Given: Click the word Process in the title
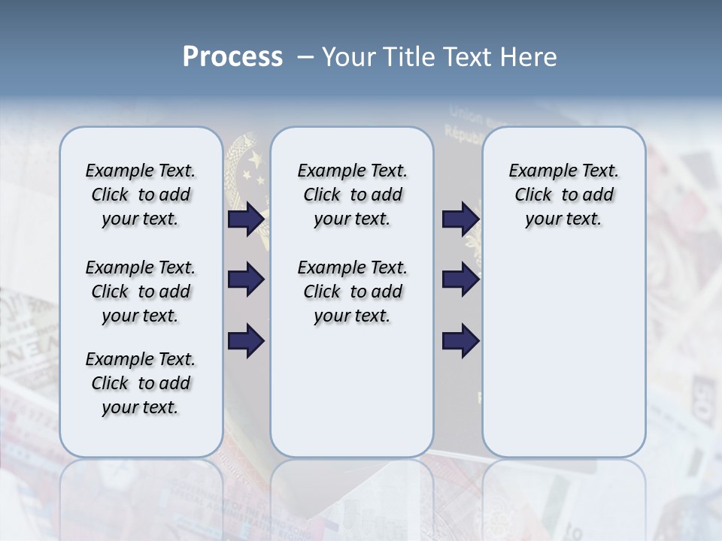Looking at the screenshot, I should coord(232,57).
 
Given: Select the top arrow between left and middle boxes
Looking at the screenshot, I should coord(246,219).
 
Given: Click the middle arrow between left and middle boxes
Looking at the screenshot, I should coord(246,280).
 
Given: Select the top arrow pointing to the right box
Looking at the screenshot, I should coord(460,219).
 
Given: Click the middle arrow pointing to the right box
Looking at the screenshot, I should coord(460,280).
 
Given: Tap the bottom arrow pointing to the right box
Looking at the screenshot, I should coord(460,340).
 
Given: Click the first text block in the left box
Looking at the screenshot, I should coord(141,195).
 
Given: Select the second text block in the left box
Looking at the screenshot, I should coord(141,292).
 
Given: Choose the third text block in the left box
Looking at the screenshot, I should coord(141,383).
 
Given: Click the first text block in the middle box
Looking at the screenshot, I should coord(352,195).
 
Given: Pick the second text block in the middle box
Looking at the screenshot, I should coord(352,292).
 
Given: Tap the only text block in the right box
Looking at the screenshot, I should coord(563,195).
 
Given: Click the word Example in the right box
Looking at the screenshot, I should coord(536,171).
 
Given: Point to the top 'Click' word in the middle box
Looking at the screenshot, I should coord(322,195).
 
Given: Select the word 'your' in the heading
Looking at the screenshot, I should coord(347,57).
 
